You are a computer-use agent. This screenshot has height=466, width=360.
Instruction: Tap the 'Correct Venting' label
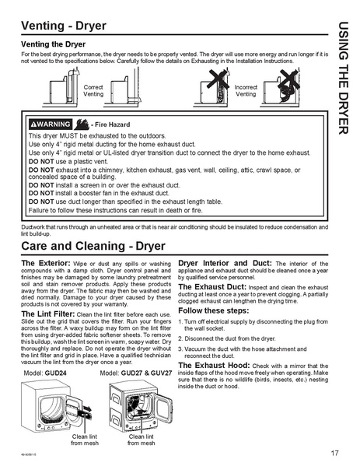click(x=93, y=90)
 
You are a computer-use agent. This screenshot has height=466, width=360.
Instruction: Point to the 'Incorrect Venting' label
click(x=246, y=90)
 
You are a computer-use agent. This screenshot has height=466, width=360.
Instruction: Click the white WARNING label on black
click(x=50, y=124)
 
